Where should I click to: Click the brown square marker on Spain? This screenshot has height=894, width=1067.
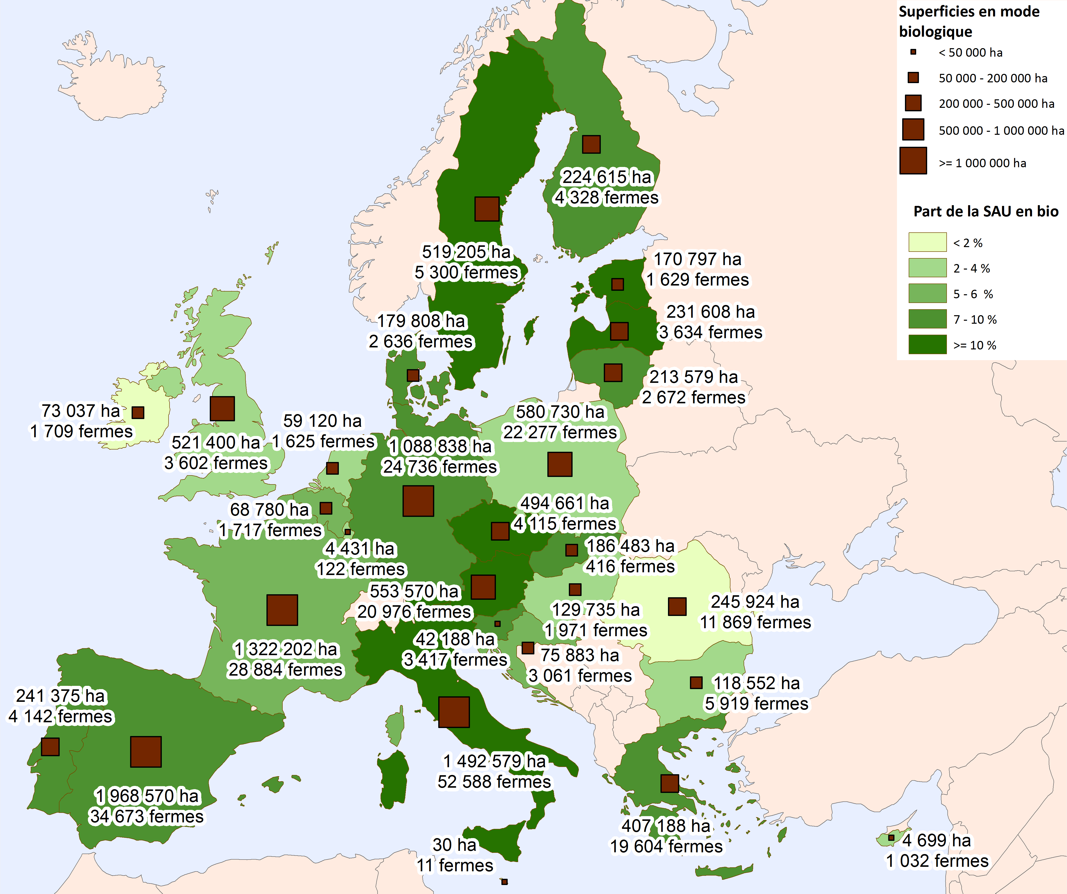coord(146,752)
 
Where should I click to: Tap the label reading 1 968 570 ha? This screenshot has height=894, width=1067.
coord(147,795)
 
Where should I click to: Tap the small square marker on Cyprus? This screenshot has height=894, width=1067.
coord(891,838)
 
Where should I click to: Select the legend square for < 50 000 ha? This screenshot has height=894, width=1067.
coord(913,52)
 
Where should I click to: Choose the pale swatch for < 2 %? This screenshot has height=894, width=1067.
coord(927,242)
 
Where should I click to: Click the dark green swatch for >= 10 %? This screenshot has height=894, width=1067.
coord(927,344)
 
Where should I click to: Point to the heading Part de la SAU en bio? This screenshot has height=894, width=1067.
coord(986,211)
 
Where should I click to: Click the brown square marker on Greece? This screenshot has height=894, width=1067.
coord(670,783)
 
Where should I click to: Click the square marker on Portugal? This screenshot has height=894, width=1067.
coord(50,747)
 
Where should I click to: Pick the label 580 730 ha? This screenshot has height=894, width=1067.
coord(560,412)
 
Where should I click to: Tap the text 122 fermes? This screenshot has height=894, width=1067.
coord(361,569)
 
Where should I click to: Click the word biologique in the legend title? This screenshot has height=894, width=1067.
coord(935,31)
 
